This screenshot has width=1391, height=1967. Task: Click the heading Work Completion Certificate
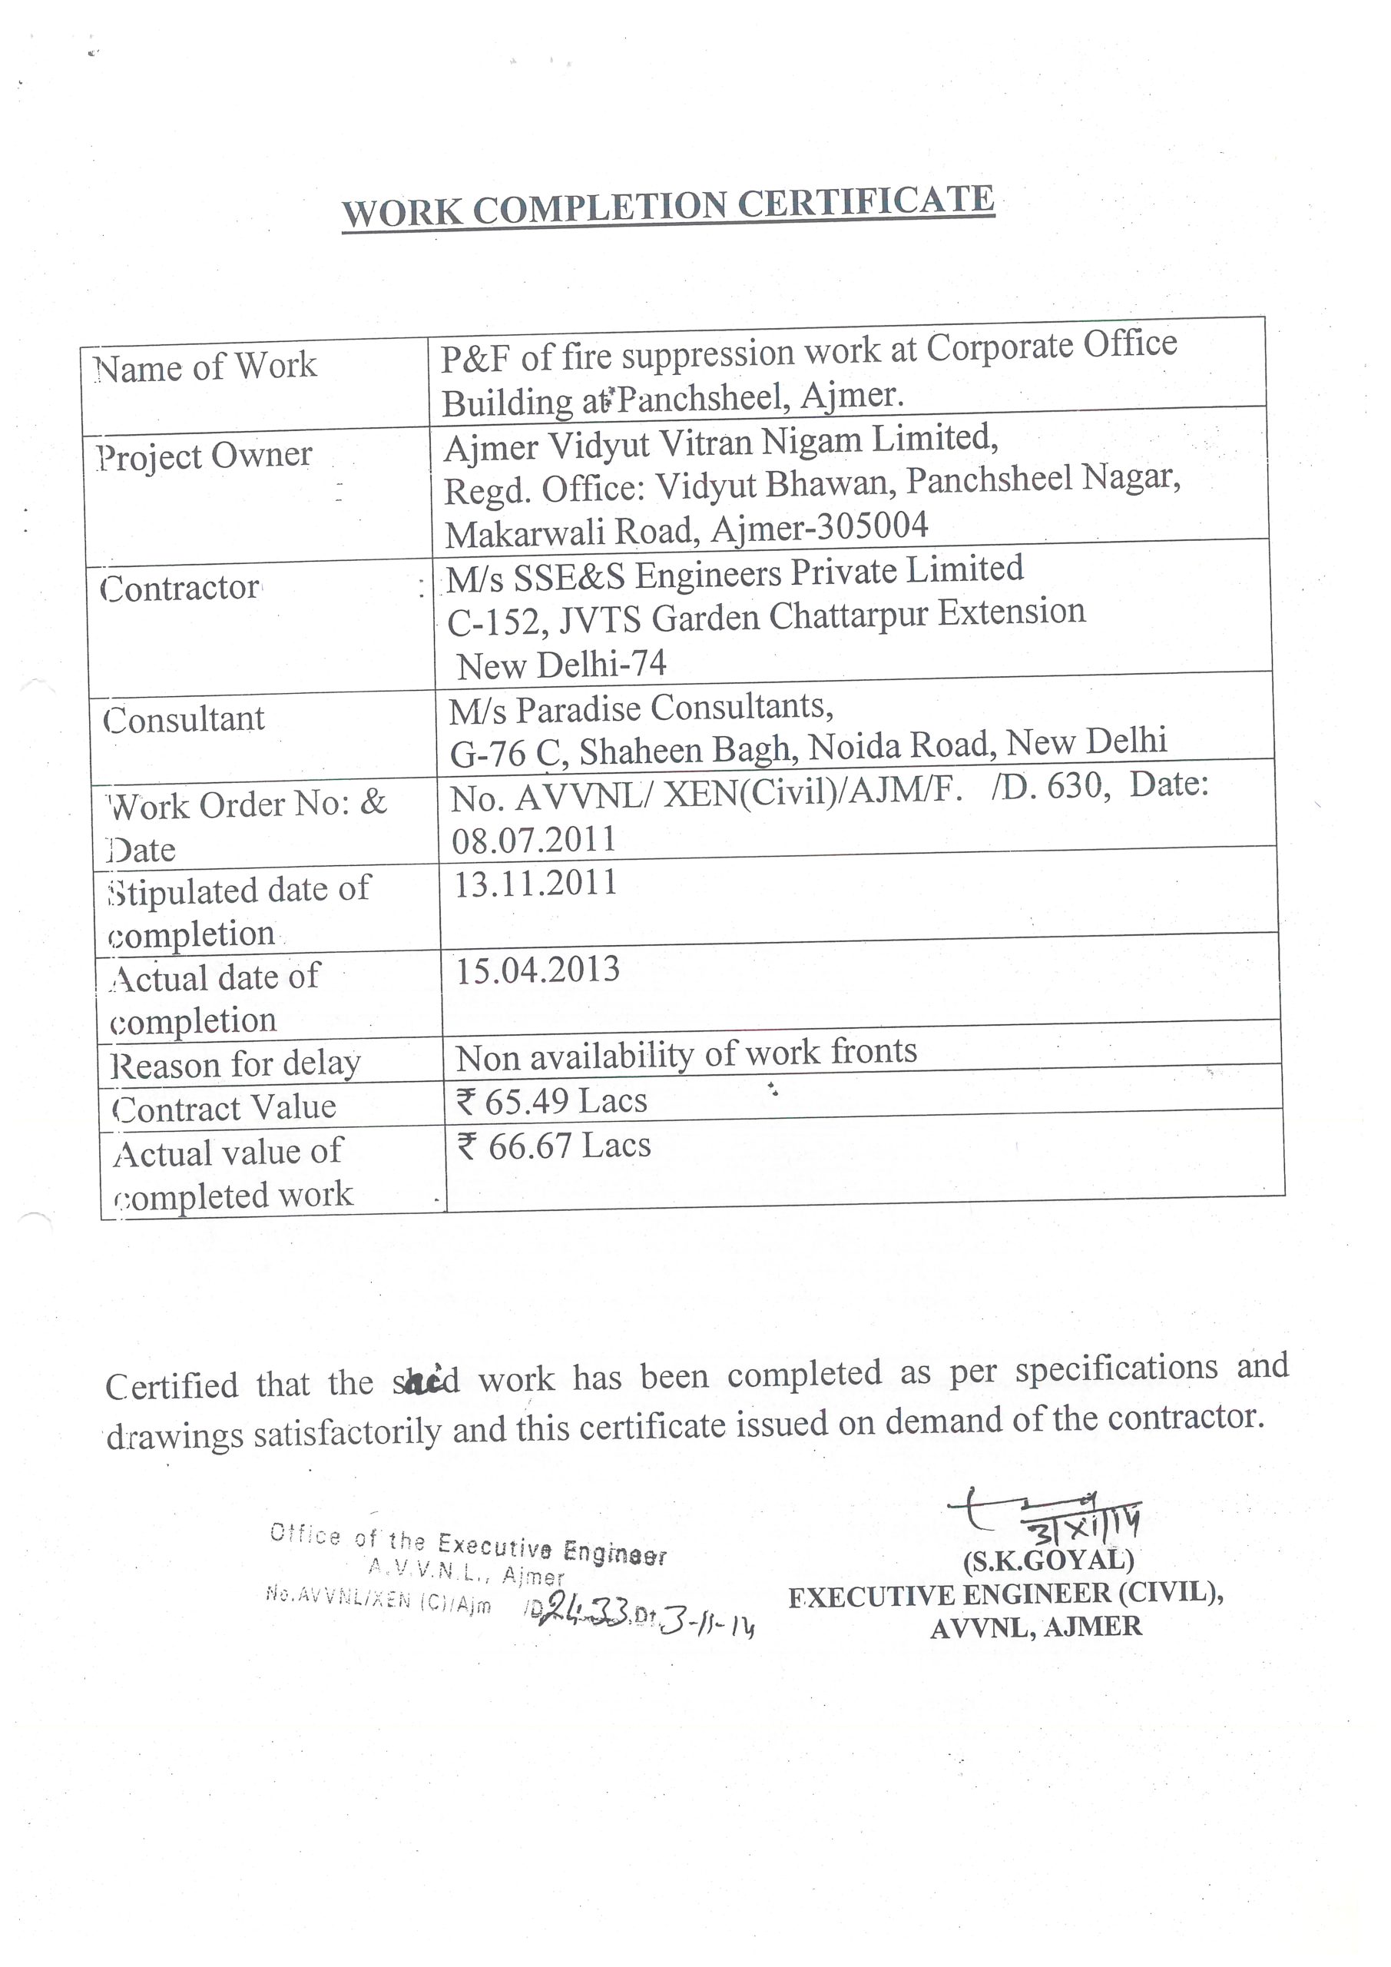pos(668,206)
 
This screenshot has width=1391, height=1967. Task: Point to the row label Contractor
pos(180,589)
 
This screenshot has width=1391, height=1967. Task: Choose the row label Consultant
pos(184,720)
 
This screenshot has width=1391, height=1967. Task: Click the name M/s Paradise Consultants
pos(641,709)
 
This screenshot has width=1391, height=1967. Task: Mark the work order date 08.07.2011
pos(535,840)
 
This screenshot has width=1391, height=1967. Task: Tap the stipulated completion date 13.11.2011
pos(535,884)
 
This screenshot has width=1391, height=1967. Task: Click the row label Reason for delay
pos(236,1065)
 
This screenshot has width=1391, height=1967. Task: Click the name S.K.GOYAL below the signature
pos(1048,1560)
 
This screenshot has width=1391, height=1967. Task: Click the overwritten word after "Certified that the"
pos(426,1381)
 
